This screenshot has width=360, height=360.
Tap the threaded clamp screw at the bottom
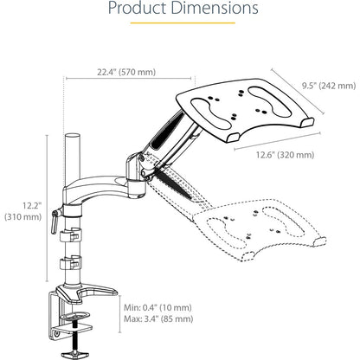click(74, 341)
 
